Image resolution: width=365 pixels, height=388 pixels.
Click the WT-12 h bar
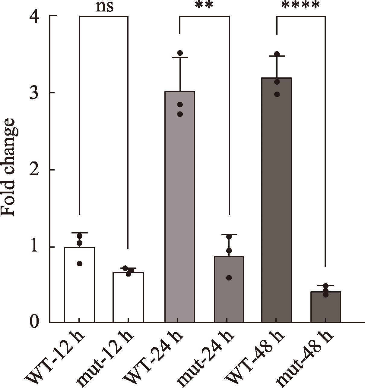(80, 285)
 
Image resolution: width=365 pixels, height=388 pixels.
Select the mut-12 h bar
(128, 297)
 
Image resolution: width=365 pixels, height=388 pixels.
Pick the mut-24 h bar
(229, 289)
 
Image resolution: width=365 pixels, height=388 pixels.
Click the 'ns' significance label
(104, 7)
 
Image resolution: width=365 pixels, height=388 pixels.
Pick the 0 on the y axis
(34, 322)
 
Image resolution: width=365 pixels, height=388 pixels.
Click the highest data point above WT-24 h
(180, 53)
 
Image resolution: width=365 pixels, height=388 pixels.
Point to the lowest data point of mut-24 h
(229, 278)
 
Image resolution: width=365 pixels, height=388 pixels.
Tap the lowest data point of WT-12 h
(80, 264)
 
